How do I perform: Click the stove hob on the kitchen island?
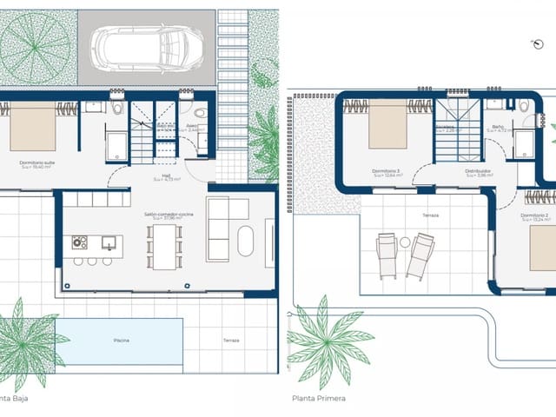[80, 242]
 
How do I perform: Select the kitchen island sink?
[109, 242]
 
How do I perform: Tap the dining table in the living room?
[164, 247]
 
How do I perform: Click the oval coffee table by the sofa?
[246, 241]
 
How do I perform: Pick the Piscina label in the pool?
[121, 341]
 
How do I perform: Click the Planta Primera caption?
[319, 399]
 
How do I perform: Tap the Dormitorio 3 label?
[385, 171]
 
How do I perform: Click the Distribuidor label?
[477, 171]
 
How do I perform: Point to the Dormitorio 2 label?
[535, 215]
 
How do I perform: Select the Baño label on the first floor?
[498, 126]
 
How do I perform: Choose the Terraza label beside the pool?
[231, 341]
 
